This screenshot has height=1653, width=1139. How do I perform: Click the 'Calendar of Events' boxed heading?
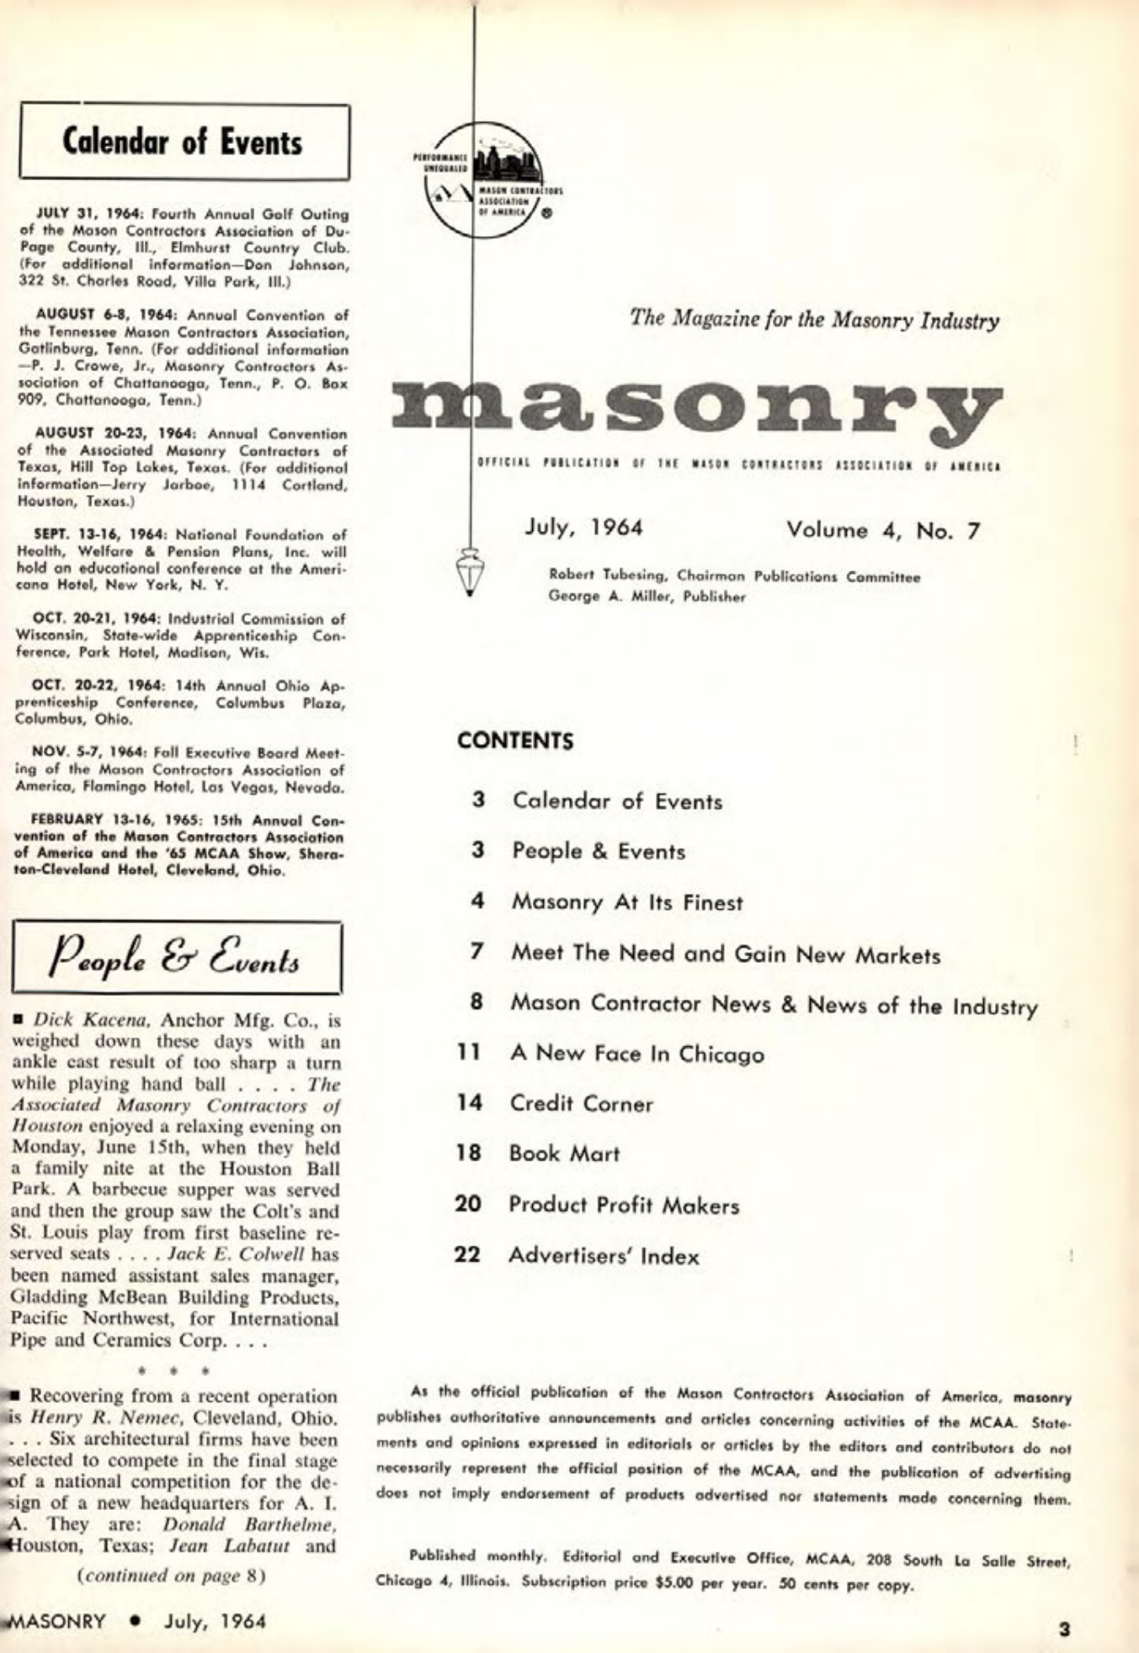tap(184, 141)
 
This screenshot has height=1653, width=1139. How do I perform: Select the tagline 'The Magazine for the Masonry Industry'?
tap(814, 320)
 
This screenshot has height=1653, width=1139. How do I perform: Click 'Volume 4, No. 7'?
tap(883, 530)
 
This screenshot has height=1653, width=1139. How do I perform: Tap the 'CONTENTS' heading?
tap(515, 741)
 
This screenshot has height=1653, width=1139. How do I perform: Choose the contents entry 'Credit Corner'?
tap(581, 1103)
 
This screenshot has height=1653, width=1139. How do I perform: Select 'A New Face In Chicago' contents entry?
tap(636, 1054)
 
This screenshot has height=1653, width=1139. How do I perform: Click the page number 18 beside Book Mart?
tap(468, 1153)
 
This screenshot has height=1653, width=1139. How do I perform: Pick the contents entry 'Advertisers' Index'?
tap(604, 1257)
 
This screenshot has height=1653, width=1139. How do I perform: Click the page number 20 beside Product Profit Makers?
tap(468, 1204)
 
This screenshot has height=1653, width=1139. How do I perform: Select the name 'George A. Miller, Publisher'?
tap(647, 598)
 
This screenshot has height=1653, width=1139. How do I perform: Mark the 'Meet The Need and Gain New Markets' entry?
tap(726, 954)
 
